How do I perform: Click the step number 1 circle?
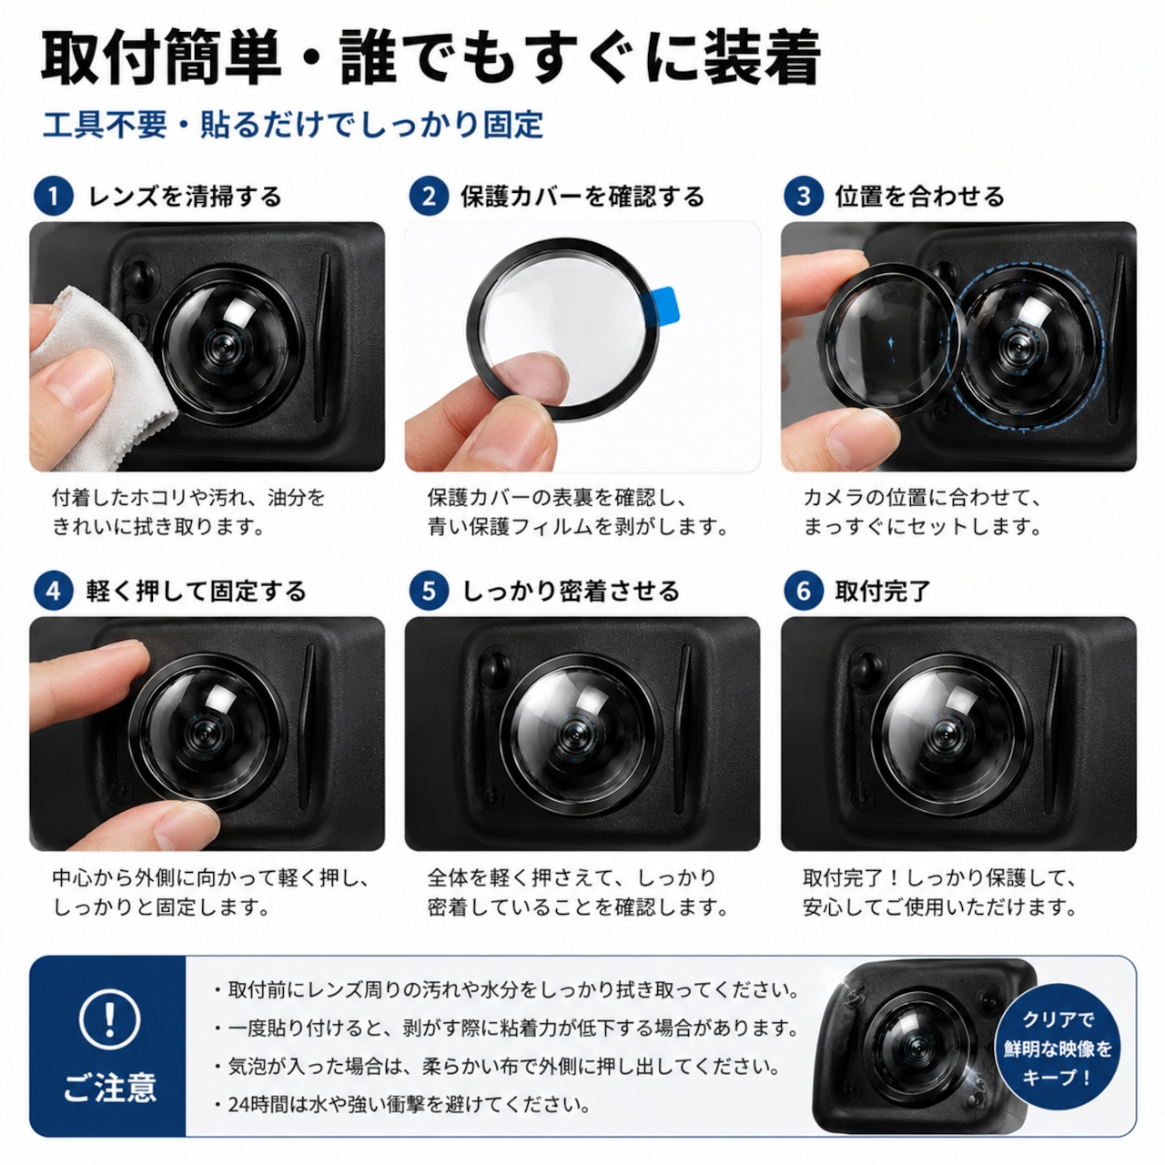53,196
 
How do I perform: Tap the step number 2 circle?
429,196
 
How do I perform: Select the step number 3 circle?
804,196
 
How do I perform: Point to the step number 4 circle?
53,591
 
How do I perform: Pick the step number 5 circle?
429,591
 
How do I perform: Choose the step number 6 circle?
804,591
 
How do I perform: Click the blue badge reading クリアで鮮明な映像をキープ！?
1058,1048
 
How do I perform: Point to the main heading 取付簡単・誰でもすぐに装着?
431,57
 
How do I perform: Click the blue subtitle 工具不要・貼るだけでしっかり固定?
292,125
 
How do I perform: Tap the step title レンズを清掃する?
185,197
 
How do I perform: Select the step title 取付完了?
882,591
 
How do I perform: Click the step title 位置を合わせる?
919,197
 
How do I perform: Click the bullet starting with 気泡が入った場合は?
496,1067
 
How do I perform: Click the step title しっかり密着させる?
572,591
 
